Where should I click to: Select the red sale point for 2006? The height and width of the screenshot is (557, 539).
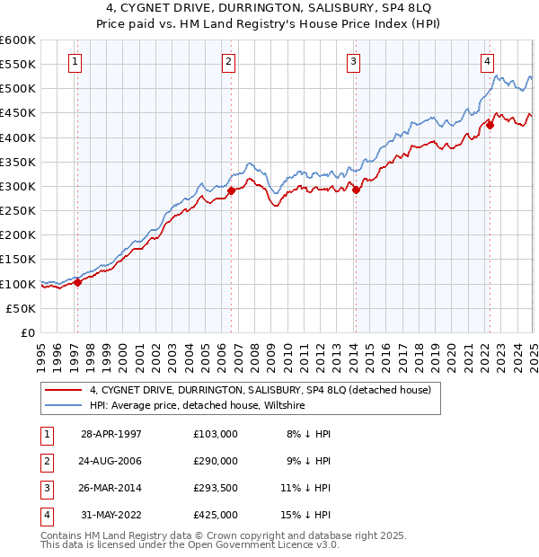231,190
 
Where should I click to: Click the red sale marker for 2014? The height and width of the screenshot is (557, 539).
356,190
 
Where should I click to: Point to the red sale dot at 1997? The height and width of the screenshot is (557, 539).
77,282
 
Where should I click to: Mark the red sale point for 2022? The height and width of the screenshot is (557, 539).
490,125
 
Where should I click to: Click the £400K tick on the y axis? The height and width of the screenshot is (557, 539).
18,137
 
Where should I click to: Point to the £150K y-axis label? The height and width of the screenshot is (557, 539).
18,260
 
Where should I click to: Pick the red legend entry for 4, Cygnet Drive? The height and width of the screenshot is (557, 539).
261,390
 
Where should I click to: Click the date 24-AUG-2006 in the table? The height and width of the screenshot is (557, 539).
110,461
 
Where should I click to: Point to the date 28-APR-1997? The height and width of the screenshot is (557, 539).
110,434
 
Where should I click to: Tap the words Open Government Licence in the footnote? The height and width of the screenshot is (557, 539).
270,545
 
